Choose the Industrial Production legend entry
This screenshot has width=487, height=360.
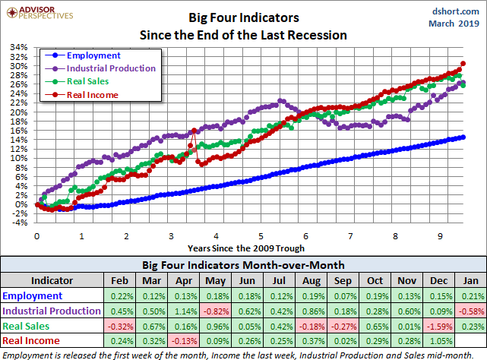point(111,68)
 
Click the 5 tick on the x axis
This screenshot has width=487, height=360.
point(261,236)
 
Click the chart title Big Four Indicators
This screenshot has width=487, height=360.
point(243,15)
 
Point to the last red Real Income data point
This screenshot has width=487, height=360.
point(463,64)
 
